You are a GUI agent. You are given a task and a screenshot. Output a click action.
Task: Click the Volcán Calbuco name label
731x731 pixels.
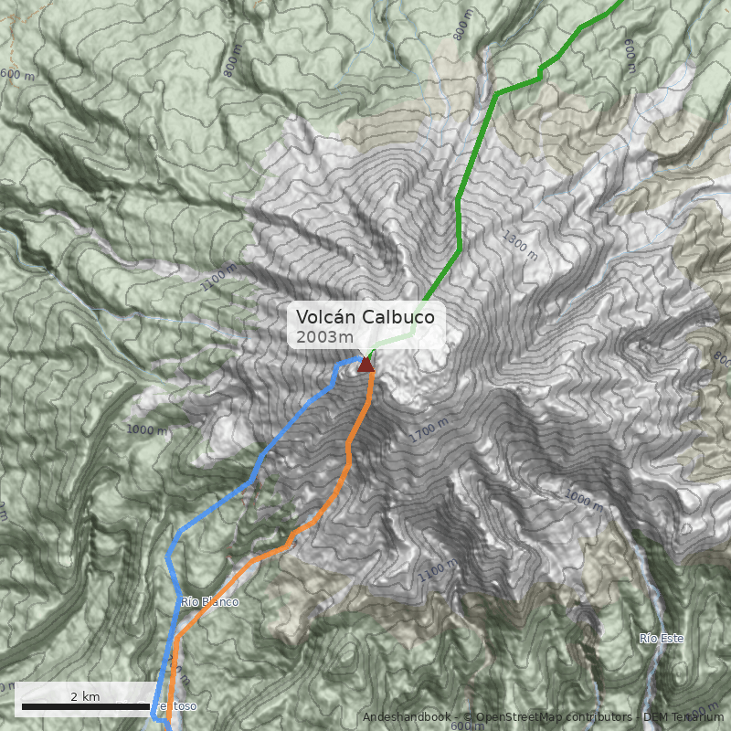pos(370,317)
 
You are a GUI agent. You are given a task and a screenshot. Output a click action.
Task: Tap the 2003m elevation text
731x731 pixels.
pos(324,337)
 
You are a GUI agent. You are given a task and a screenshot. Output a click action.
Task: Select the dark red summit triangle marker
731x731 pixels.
pos(366,365)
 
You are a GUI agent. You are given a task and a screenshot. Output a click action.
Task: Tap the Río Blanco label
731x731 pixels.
pos(209,602)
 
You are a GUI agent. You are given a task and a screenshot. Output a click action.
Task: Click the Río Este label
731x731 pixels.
pos(662,638)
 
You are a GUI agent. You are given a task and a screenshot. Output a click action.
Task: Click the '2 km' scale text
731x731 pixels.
pos(85,696)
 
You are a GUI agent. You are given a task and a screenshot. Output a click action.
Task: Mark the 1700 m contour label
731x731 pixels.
pos(429,430)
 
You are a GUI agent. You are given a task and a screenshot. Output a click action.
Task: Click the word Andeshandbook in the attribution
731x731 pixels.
pos(406,716)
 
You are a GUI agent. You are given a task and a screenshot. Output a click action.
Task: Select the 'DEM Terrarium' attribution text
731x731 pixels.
pos(677,716)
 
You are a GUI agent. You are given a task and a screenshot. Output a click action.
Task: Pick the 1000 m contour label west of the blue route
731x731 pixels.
pos(147,430)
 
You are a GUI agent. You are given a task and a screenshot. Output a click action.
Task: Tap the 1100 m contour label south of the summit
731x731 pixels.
pos(438,571)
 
